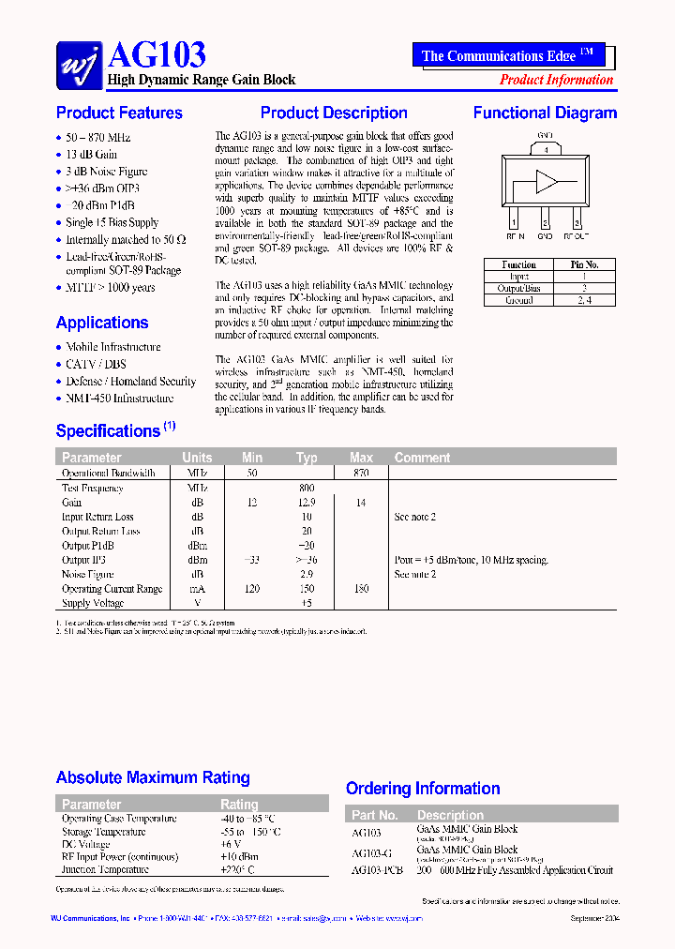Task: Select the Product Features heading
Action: [x=119, y=113]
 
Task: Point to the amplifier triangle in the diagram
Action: [x=547, y=182]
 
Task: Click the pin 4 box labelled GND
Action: [x=546, y=149]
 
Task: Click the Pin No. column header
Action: [x=584, y=264]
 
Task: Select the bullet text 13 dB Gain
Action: [x=92, y=155]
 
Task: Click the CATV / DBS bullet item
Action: [x=96, y=364]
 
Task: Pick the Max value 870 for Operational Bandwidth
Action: [x=361, y=474]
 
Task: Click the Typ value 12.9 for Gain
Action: [x=307, y=503]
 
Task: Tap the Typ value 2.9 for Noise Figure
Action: [x=307, y=574]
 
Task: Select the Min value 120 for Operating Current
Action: [x=252, y=589]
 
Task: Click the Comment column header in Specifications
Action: [x=422, y=458]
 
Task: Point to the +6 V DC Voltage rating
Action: [x=232, y=844]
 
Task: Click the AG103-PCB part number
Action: [x=377, y=869]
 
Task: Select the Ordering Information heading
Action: [x=423, y=789]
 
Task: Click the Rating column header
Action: [x=239, y=804]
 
